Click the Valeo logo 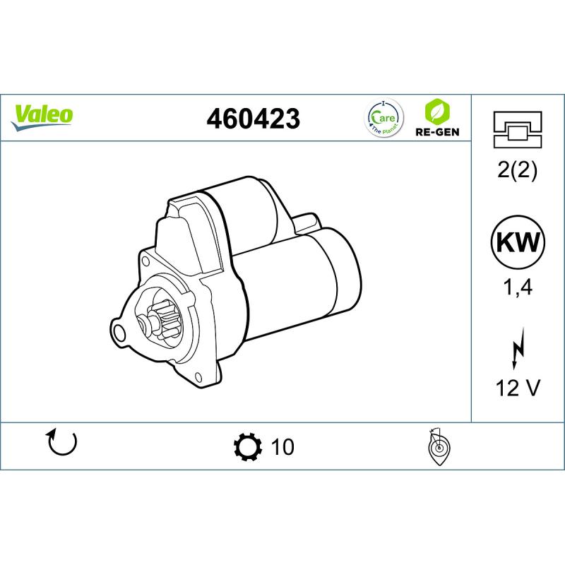coord(42,117)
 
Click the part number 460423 coord(253,119)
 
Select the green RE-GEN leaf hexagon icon coord(437,112)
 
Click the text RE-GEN coord(437,132)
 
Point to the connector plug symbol coord(518,130)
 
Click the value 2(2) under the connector coord(517,169)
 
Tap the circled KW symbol coord(518,242)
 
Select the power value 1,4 coord(518,287)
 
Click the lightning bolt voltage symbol coord(518,349)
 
